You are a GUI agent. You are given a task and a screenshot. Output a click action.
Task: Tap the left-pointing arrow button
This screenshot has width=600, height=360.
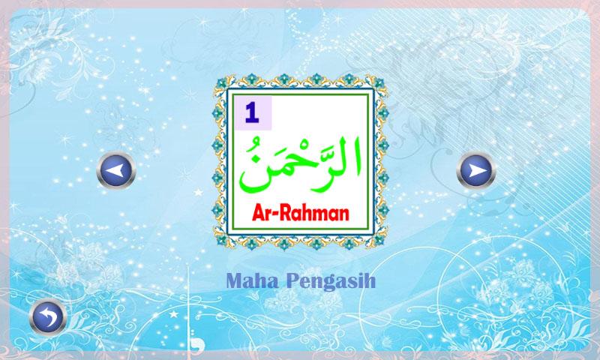(x=115, y=172)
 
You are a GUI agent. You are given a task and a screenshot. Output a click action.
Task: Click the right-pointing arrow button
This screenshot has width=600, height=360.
(x=476, y=172)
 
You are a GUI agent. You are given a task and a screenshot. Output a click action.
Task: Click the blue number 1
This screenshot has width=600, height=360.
(x=250, y=114)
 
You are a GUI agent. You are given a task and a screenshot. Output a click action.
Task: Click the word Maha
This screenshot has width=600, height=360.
(x=250, y=281)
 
